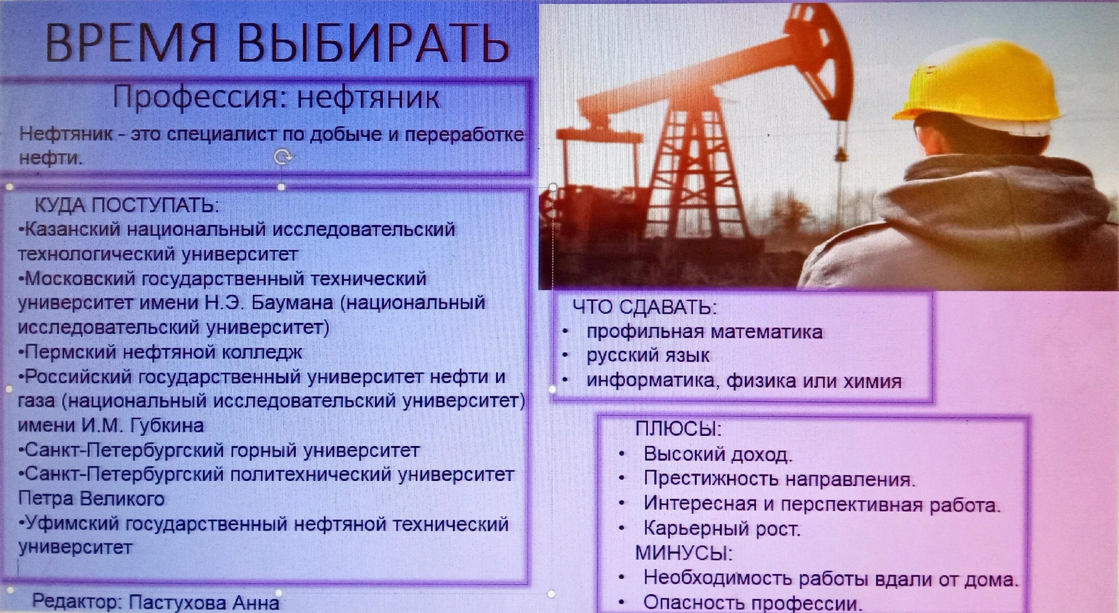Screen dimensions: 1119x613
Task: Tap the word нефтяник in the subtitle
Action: point(368,98)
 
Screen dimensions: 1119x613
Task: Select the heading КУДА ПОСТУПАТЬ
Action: point(126,205)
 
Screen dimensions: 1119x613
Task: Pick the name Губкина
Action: point(167,425)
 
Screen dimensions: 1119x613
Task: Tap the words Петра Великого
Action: point(91,499)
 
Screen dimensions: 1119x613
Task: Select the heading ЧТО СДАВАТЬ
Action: point(645,307)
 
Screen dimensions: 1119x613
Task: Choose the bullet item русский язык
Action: point(648,356)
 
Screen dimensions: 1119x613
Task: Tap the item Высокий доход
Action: point(718,454)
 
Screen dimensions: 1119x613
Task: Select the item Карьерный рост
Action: point(721,529)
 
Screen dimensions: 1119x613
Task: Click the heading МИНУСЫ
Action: point(684,553)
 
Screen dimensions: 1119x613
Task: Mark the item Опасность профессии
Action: point(753,603)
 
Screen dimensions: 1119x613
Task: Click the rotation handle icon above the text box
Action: point(282,156)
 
